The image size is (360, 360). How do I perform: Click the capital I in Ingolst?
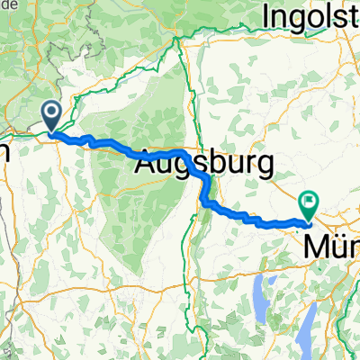[x=265, y=17]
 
